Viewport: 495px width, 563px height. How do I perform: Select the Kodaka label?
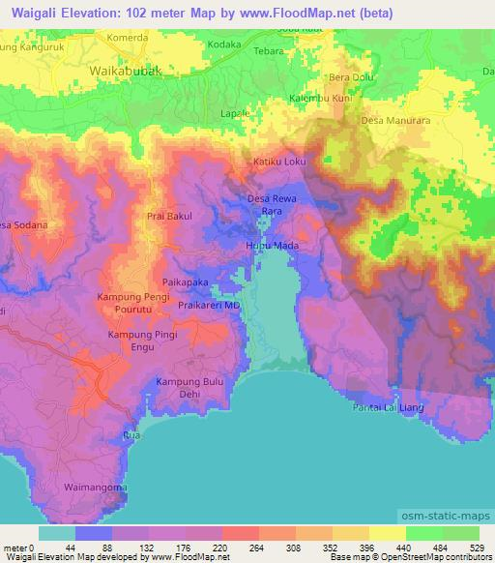click(223, 45)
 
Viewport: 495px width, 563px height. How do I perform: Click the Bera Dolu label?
click(349, 77)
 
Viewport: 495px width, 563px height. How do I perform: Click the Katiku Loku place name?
click(279, 163)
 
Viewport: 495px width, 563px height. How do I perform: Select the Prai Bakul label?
click(169, 217)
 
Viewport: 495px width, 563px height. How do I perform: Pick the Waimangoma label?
click(95, 487)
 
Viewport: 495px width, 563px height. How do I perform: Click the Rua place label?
click(131, 436)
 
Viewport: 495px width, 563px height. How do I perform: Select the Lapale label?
click(234, 113)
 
